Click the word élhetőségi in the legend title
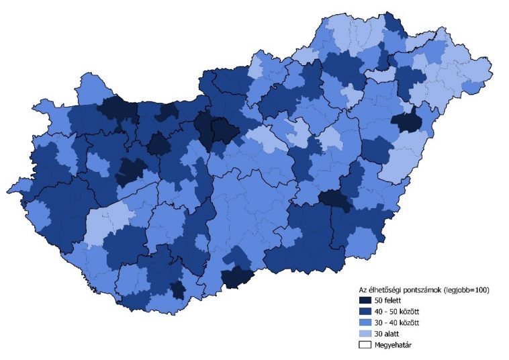click(385, 289)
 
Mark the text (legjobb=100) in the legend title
click(467, 289)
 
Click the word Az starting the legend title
click(363, 289)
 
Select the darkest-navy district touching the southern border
click(239, 277)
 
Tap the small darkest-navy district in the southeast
click(334, 199)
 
